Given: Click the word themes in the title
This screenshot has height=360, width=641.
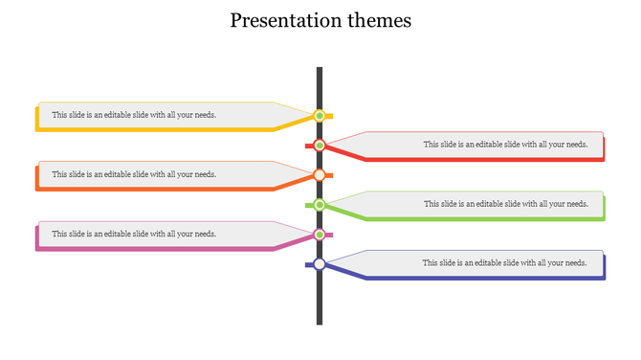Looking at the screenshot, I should [x=381, y=20].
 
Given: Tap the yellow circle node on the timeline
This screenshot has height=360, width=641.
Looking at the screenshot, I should [x=320, y=116].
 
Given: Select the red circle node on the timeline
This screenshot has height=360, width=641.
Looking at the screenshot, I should [x=320, y=146].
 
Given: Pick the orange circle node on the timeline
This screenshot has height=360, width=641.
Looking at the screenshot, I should [x=320, y=175].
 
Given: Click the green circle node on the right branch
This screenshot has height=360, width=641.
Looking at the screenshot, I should [x=320, y=205].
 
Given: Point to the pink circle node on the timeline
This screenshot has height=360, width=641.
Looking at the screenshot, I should [x=320, y=235].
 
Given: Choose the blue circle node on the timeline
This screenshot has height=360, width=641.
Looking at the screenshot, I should [x=320, y=264].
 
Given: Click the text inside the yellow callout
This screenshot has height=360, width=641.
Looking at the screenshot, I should [x=134, y=115].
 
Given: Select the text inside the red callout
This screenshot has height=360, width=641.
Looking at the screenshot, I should [x=505, y=145].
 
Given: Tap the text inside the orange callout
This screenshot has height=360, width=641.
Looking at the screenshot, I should [x=134, y=174].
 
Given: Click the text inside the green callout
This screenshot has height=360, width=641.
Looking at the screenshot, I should [x=505, y=204].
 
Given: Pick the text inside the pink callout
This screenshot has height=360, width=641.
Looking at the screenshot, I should [x=134, y=234].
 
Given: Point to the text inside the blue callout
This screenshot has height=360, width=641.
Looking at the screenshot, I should [x=505, y=263].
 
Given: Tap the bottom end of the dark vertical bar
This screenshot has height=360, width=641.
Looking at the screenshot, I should [x=320, y=322].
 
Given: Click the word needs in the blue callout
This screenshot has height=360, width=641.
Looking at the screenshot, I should [x=575, y=263].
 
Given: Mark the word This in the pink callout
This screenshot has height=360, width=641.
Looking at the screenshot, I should [x=59, y=234].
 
